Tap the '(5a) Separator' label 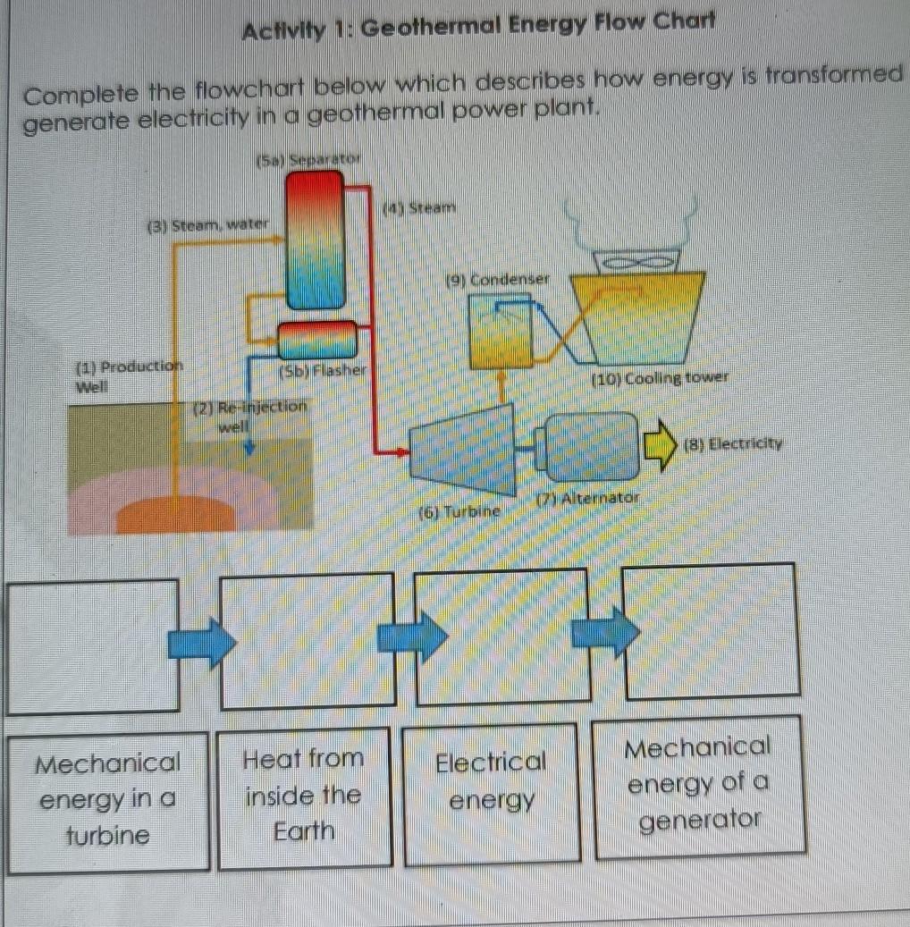coord(308,161)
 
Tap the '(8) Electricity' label coord(732,443)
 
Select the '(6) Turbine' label coord(458,511)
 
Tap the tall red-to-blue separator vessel coord(314,239)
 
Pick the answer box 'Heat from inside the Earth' coord(305,796)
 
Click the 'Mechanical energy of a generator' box coord(697,785)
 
